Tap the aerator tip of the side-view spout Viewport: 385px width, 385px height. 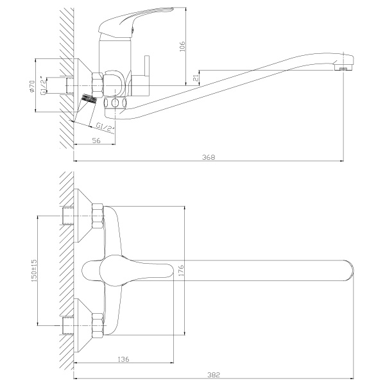coord(345,67)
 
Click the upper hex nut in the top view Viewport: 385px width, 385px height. coord(98,216)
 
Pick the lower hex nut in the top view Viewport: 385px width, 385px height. coord(98,323)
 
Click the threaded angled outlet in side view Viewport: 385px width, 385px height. coord(89,101)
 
